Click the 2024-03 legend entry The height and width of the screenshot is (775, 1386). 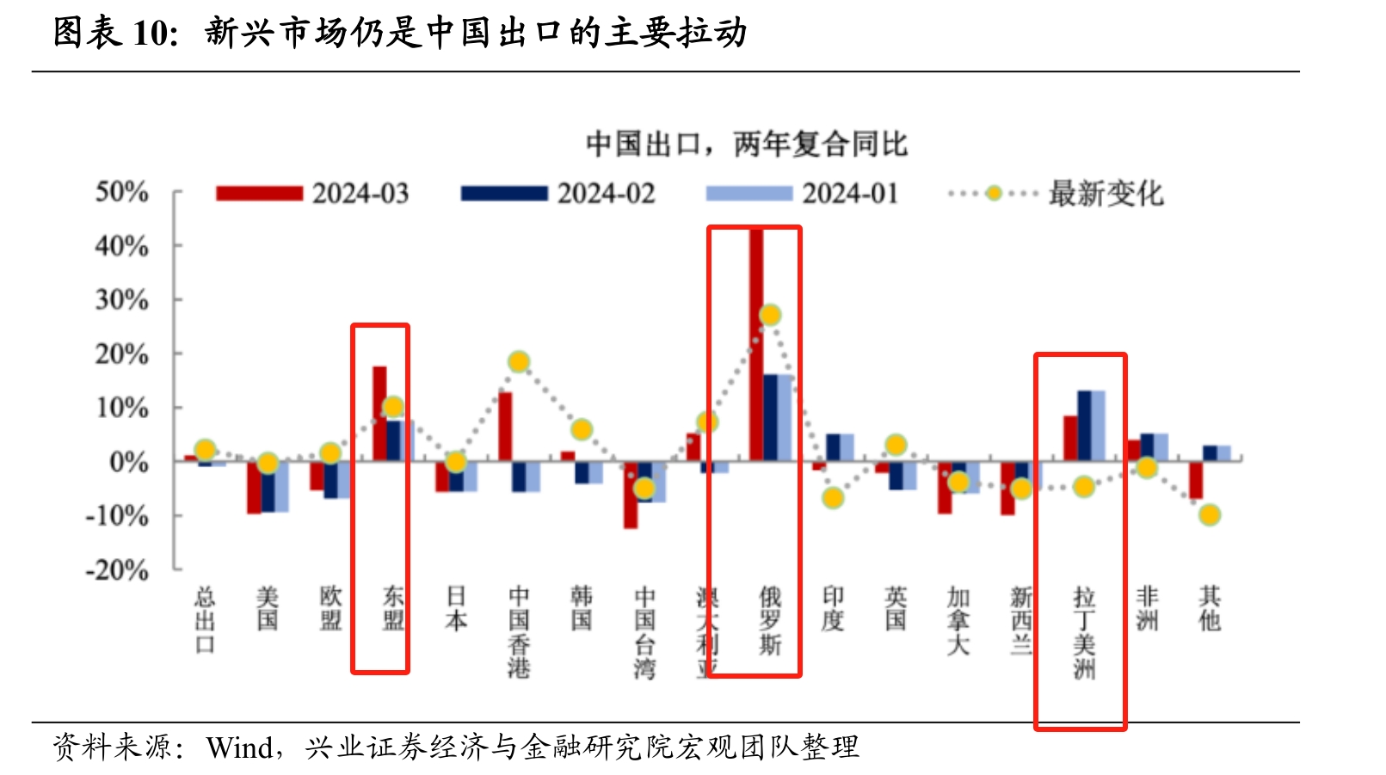pos(312,194)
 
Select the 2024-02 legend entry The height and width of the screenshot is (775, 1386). pos(557,194)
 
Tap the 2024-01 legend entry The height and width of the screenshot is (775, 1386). pos(802,194)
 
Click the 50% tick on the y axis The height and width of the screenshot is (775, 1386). pos(121,191)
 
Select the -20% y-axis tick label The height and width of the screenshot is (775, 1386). pos(117,569)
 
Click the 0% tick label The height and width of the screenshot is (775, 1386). pos(129,462)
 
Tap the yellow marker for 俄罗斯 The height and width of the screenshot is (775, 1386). pos(770,315)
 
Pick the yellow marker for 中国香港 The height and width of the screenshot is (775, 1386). pos(518,361)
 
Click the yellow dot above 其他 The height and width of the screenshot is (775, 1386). pos(1210,515)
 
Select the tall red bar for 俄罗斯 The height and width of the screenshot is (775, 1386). pos(756,344)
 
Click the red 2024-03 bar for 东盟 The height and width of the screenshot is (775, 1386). pos(379,413)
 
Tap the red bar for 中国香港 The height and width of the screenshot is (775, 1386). pos(505,426)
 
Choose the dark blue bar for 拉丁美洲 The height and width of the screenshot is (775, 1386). pos(1084,426)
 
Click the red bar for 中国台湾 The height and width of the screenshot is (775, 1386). pos(631,497)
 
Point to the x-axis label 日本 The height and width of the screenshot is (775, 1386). pos(456,608)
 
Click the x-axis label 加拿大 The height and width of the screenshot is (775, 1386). pos(958,620)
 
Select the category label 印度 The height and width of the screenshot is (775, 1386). pos(833,608)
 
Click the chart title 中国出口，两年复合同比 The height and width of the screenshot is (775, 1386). pos(746,144)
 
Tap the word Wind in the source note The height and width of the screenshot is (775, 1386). pos(239,747)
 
